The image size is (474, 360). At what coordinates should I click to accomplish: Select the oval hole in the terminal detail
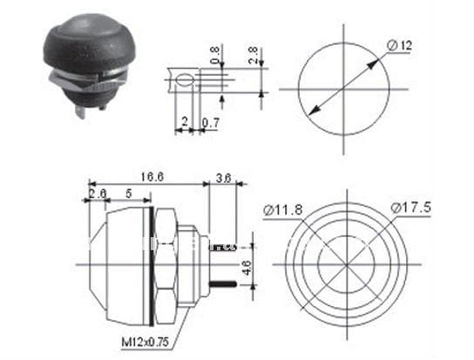point(182,82)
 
